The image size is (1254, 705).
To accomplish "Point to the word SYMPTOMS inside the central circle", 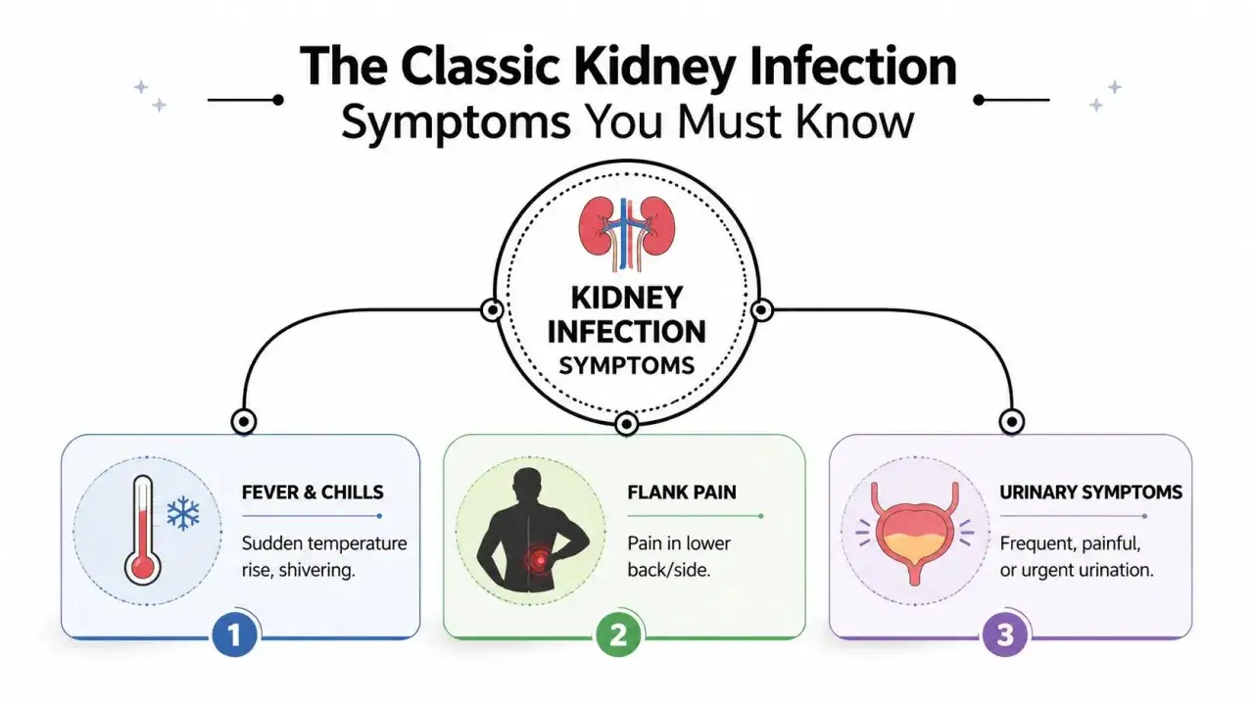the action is pos(626,366).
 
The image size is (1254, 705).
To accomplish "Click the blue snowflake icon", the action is pos(183,514).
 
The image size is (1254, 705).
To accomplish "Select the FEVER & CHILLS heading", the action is pos(313,493).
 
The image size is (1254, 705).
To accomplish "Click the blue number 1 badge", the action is pos(234,634).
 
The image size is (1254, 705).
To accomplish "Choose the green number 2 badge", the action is pos(618,634).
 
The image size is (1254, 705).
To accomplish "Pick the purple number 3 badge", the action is pos(1005,634).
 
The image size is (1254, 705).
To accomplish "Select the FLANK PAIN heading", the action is pos(682,493).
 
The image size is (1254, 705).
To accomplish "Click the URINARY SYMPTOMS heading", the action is pos(1091,493).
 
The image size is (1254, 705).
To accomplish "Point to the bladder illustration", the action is pos(915,533).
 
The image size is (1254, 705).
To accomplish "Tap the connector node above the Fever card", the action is pos(244,422).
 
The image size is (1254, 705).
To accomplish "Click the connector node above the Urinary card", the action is pos(1012,422).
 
